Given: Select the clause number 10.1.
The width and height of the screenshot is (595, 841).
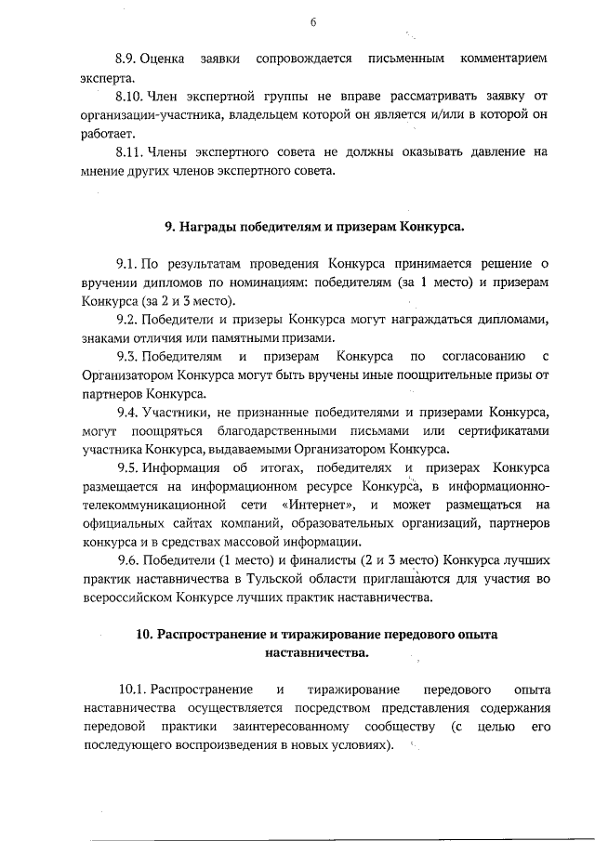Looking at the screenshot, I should tap(133, 690).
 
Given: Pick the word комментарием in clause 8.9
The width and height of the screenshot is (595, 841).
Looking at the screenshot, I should tap(504, 59).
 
